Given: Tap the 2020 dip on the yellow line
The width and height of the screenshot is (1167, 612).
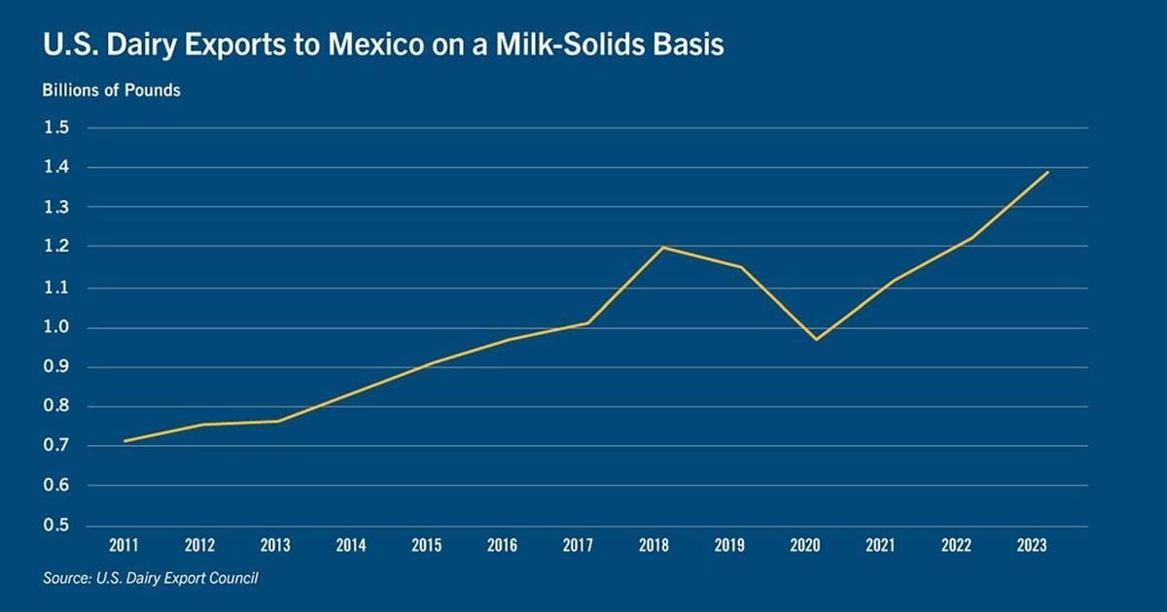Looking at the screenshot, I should [x=815, y=339].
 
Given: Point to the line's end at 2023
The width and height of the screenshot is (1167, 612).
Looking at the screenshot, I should [x=1048, y=172].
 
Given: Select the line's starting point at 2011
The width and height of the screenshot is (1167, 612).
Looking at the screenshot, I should [x=124, y=441].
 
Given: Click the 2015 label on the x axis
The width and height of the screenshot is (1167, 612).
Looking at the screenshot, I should [x=426, y=546].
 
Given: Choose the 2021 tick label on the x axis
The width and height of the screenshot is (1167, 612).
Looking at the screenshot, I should [x=880, y=546].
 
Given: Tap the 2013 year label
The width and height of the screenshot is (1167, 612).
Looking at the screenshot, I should [x=275, y=546].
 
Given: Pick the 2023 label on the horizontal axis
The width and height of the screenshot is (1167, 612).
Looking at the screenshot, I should [x=1031, y=546].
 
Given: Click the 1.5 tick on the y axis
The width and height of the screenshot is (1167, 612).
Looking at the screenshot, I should [x=56, y=128].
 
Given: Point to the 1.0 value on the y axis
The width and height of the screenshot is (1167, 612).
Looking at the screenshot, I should [x=56, y=327].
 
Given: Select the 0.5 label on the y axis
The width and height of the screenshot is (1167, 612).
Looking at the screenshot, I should [x=56, y=526].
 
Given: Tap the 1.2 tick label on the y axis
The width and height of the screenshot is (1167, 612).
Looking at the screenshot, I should [x=56, y=247].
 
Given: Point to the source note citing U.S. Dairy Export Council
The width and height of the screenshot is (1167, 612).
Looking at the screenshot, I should [x=151, y=579].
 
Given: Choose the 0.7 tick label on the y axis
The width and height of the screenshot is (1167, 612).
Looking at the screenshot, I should [x=56, y=446].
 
